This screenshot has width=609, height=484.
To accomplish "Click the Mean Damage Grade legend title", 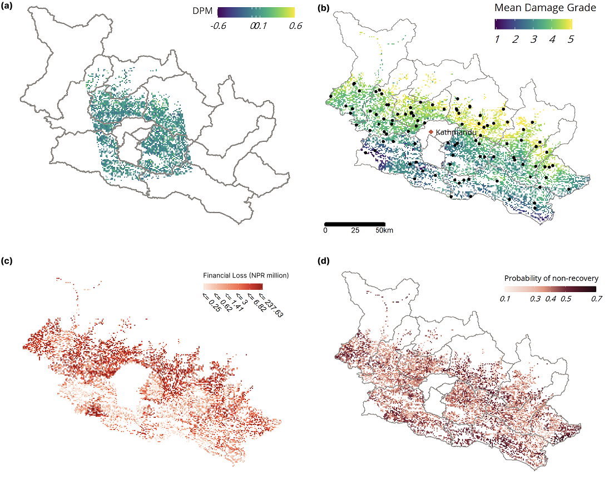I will (534, 8).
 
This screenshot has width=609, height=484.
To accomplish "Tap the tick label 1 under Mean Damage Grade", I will (497, 39).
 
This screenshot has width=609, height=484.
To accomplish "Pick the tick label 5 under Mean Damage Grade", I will (570, 39).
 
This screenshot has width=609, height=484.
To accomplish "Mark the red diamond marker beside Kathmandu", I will (431, 132).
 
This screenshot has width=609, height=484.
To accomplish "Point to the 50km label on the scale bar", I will (384, 230).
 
